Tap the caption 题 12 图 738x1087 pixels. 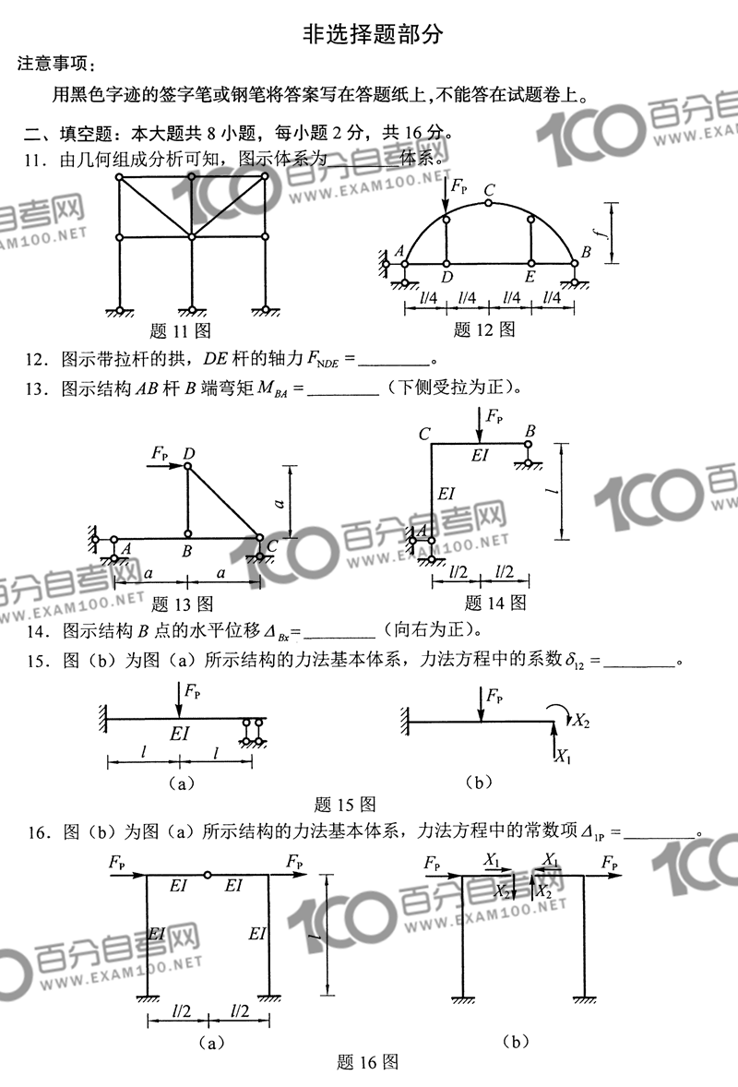tap(484, 329)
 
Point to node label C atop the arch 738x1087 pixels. tap(489, 190)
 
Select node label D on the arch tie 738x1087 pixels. tap(446, 276)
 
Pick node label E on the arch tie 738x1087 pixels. tap(530, 276)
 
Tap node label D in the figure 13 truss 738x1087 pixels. tap(188, 453)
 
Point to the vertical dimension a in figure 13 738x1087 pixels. tap(278, 501)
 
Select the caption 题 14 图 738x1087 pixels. tap(495, 603)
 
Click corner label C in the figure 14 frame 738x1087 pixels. tap(424, 434)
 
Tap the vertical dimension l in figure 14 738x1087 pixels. tap(548, 491)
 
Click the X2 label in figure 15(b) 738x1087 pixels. tap(581, 721)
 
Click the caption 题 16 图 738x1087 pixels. tap(368, 1062)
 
